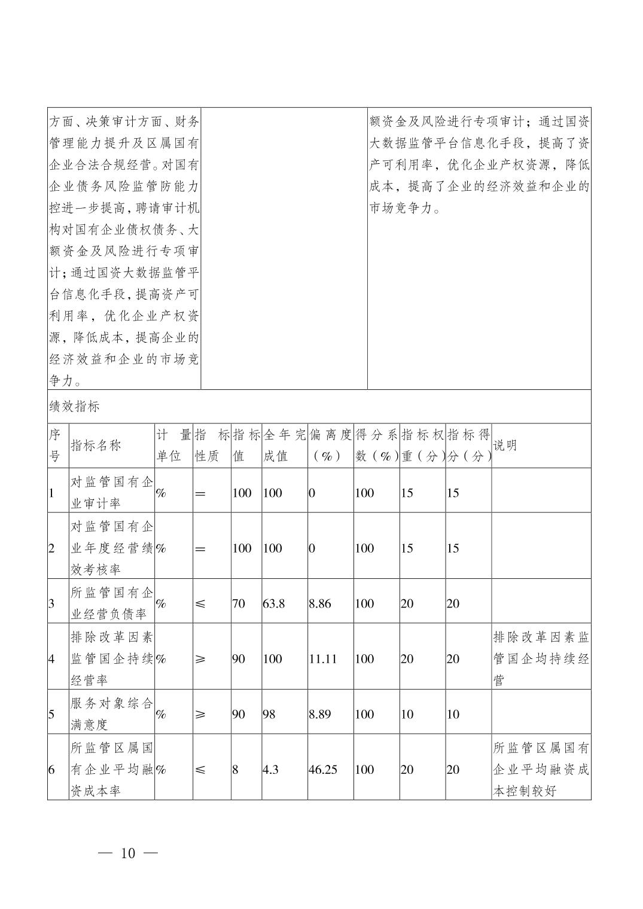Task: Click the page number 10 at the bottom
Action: pos(128,853)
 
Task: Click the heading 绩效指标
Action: pos(74,407)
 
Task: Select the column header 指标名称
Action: pos(96,446)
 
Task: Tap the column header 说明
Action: pos(505,446)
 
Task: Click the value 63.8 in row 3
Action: pos(273,603)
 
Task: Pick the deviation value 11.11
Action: pos(322,659)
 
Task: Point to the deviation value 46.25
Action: pos(322,770)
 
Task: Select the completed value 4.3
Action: pos(270,770)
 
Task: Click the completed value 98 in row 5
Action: pos(269,714)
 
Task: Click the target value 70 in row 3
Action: pos(238,603)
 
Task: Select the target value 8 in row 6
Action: pos(235,770)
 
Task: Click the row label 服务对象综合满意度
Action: pos(112,714)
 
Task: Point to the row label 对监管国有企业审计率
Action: pos(112,493)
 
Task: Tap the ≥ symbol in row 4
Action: pos(200,659)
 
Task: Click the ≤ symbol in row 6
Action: pos(200,770)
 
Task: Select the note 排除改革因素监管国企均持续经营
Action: pos(541,659)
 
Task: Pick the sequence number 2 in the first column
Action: pos(51,548)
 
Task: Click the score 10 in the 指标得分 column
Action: pos(453,714)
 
